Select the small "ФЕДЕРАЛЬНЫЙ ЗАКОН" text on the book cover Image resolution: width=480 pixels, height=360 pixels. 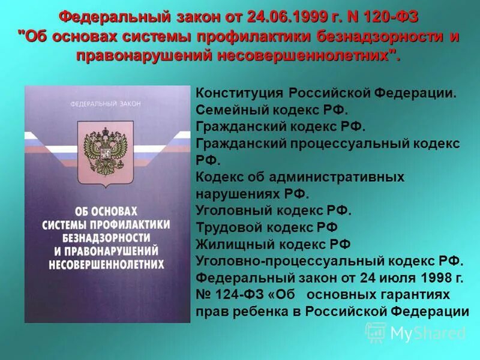coord(106,104)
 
